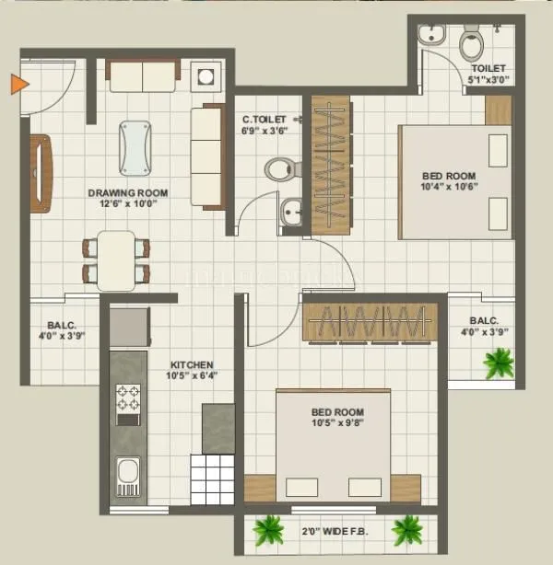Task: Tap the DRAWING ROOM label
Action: pos(127,192)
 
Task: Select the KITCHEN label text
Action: pos(191,364)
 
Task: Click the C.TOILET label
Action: pos(265,119)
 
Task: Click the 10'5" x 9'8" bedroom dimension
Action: pos(336,425)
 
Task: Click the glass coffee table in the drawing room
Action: pos(137,147)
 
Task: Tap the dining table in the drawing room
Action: pos(116,259)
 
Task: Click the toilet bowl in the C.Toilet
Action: pos(280,168)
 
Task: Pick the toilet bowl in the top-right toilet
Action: pos(471,42)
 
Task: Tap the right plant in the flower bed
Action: pos(406,529)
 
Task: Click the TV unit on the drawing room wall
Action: pos(40,173)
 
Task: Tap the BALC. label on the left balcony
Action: pos(62,325)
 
